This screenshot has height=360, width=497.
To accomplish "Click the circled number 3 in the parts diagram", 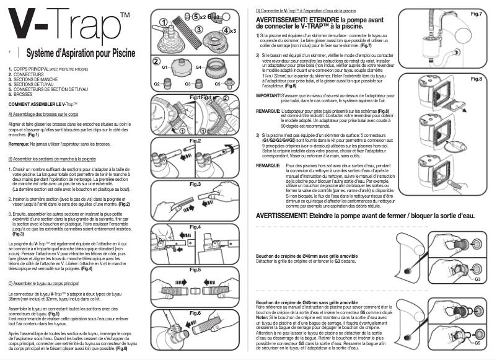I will point(199,29).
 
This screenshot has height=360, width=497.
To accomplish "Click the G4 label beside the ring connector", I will point(200,66).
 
